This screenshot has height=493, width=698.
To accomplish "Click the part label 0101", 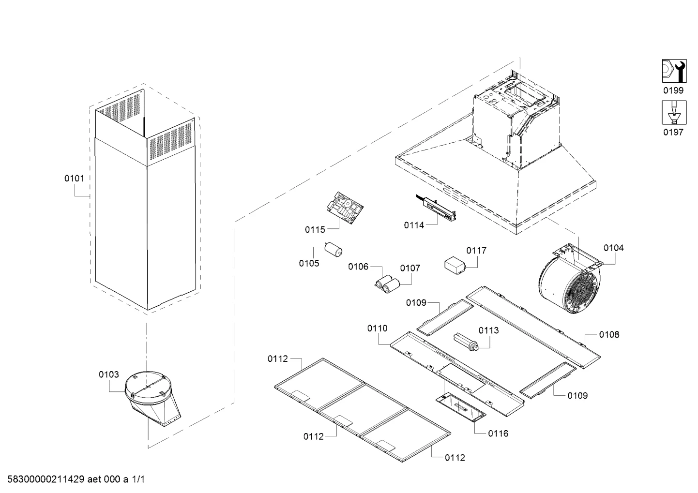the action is click(x=74, y=179).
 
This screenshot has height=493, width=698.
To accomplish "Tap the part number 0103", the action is click(x=109, y=374).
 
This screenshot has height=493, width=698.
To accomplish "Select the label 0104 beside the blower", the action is click(x=614, y=248).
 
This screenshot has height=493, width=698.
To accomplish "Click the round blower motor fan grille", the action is click(x=581, y=292).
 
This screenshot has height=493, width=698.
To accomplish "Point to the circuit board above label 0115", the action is click(x=345, y=208).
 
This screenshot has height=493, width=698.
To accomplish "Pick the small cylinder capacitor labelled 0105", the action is click(x=333, y=250).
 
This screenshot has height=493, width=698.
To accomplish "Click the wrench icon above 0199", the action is click(x=674, y=71).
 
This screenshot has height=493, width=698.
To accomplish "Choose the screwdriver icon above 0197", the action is click(x=674, y=112).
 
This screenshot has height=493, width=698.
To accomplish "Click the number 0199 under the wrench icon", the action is click(x=673, y=90).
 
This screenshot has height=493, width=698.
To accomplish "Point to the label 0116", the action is click(x=498, y=433).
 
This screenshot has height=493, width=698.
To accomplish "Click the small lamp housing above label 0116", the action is click(x=461, y=406).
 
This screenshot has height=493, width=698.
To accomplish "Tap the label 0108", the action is click(x=609, y=334).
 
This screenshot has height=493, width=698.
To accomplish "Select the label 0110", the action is click(x=378, y=328).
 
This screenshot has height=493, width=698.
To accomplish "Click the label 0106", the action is click(x=358, y=267).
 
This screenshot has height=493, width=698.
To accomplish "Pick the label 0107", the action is click(x=410, y=268).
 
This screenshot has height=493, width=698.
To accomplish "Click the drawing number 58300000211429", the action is click(x=46, y=479).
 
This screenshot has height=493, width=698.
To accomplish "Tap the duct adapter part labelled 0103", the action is click(x=152, y=399).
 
